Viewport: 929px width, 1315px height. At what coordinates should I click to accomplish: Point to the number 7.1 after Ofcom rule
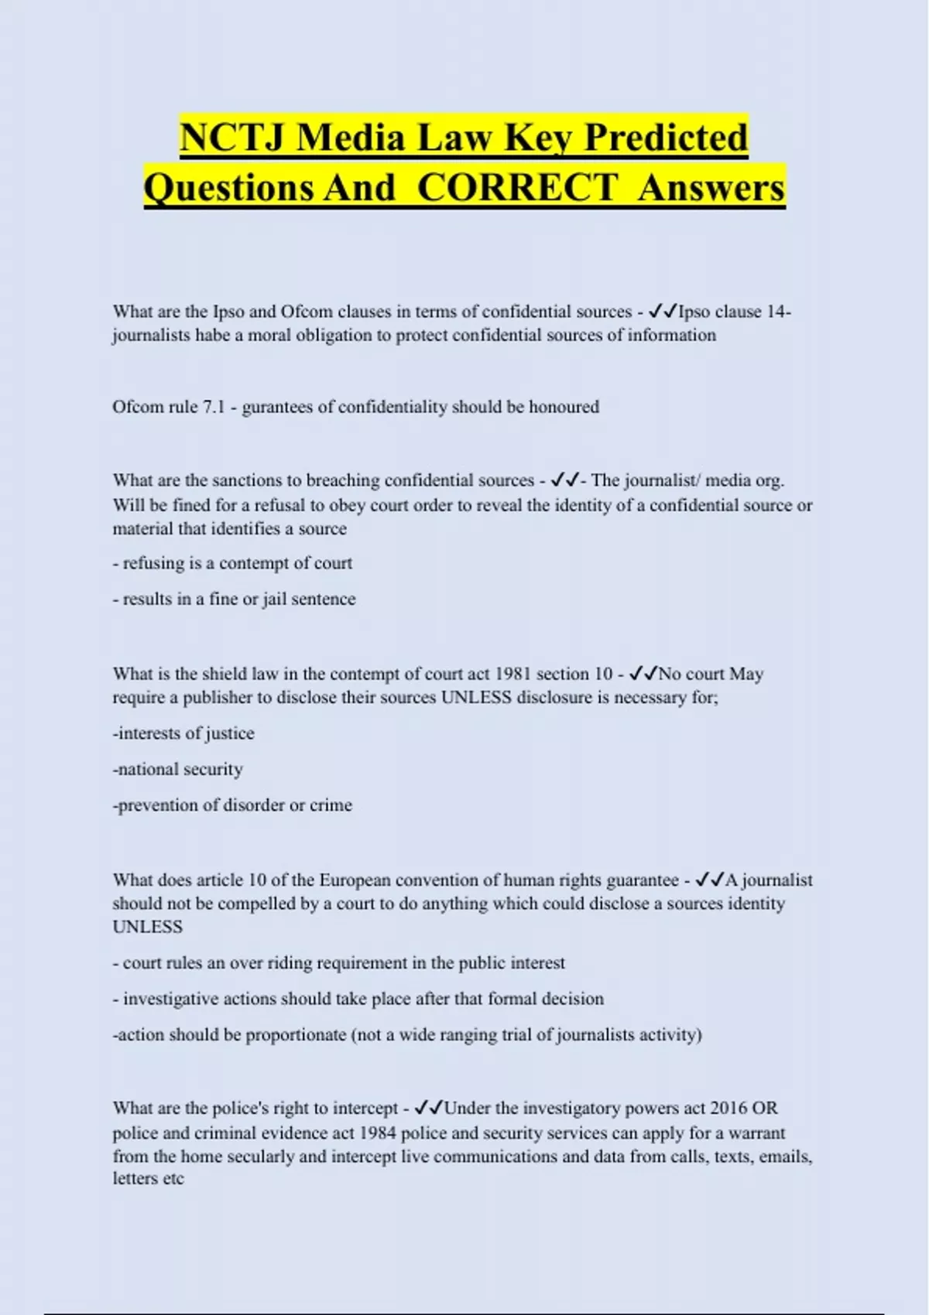point(213,407)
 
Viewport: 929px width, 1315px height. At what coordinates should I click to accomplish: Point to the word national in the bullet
point(148,769)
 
